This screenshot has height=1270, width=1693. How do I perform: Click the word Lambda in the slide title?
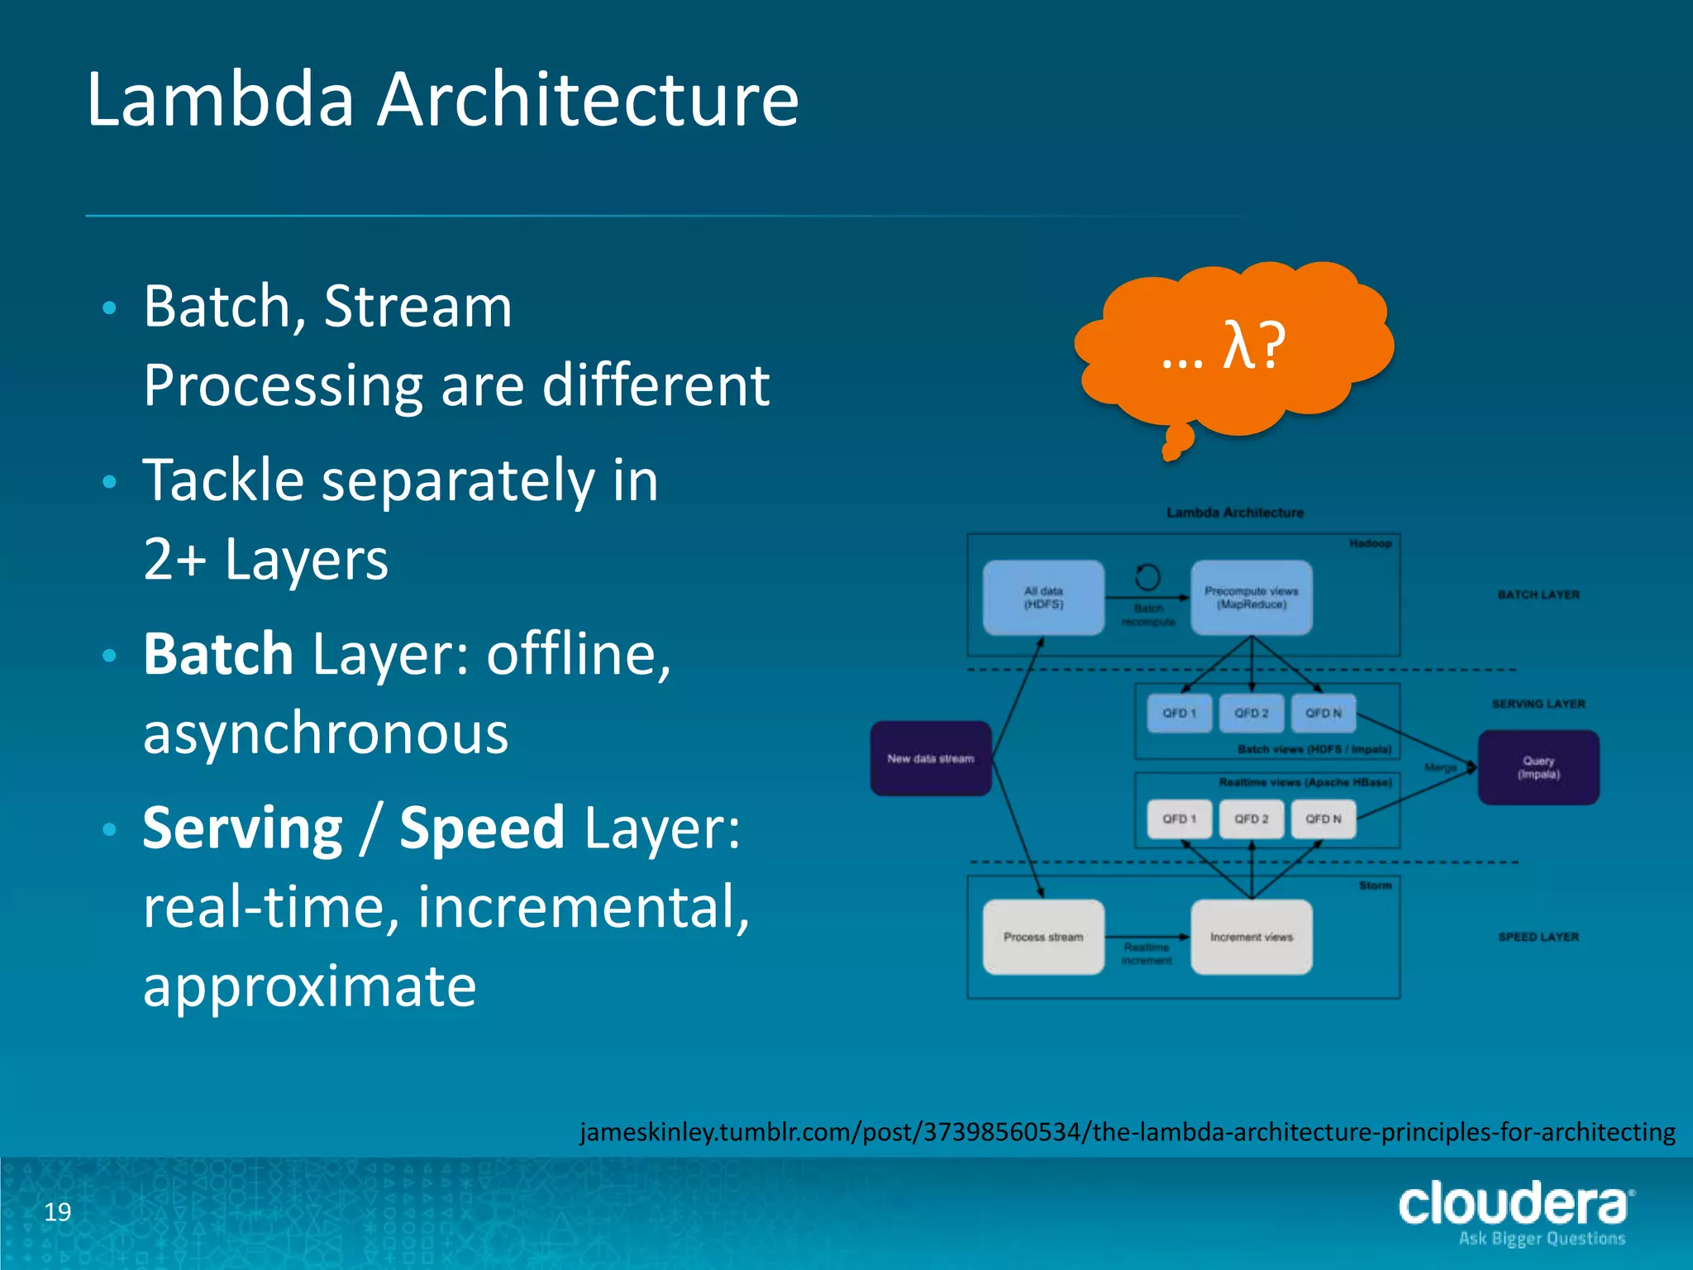221,99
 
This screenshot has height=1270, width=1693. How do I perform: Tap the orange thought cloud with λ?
1232,347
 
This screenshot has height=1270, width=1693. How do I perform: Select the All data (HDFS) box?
1043,598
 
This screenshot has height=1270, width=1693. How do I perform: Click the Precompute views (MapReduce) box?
1251,598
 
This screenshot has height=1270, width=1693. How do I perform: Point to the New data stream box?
931,758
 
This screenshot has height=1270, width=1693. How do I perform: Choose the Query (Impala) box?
1538,767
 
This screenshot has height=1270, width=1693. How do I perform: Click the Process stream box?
1043,937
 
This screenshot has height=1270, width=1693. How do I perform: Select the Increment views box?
1251,937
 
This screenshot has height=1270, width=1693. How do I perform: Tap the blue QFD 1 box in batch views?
1180,713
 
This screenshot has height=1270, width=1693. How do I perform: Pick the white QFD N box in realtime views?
1323,819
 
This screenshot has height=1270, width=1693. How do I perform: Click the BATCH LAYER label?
1538,594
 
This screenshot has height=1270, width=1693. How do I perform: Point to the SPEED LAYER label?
1538,937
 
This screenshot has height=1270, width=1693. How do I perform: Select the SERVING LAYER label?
1538,704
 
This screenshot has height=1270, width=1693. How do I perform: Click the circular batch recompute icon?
1147,576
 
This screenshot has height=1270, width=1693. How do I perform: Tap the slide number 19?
58,1212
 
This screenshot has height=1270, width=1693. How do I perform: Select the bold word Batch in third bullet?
218,654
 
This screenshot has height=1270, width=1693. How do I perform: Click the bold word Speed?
482,828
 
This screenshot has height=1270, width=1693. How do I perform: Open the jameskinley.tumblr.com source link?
1128,1131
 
